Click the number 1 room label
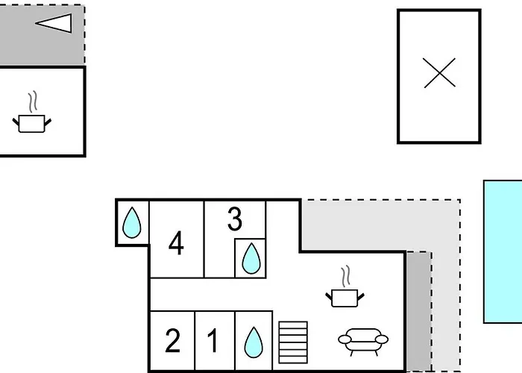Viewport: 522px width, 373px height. coord(213,342)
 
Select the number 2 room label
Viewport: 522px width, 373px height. coord(172,342)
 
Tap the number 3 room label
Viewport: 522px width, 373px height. coord(235,219)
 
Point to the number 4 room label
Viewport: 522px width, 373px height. coord(177,243)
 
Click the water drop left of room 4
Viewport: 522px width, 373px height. coord(132,222)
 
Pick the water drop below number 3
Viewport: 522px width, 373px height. coord(251,259)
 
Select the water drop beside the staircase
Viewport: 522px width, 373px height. coord(254,344)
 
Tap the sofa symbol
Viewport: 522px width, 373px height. coord(363,340)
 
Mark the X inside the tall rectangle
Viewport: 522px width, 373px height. coord(439,73)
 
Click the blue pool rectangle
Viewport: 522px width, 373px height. coord(503,251)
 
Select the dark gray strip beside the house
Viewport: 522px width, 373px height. coord(418,310)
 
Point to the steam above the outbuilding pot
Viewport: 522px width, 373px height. coord(31,101)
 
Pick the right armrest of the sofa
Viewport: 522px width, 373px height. coord(381,339)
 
